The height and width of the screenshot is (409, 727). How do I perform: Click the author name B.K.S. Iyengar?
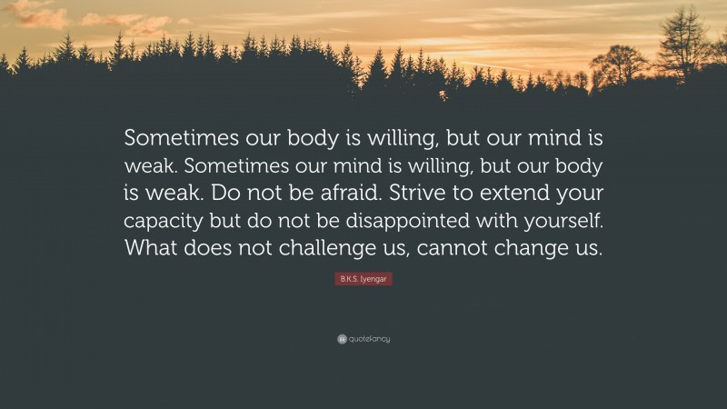[363, 280]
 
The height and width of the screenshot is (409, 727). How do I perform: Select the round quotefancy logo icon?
[341, 339]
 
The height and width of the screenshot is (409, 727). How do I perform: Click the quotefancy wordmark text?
[369, 340]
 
